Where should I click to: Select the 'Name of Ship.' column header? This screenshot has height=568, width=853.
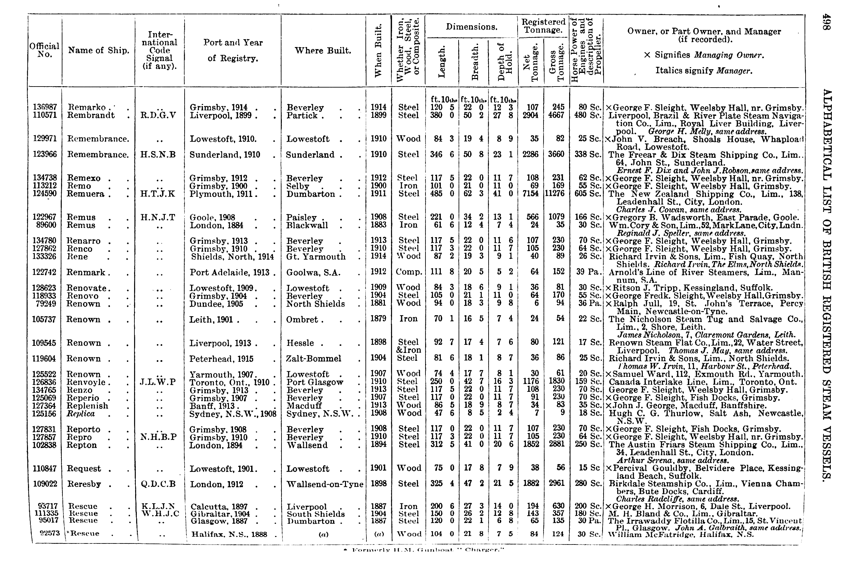[x=99, y=51]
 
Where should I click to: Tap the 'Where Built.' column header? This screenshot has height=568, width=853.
[x=323, y=51]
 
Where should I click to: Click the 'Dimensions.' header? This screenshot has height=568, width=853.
[x=472, y=27]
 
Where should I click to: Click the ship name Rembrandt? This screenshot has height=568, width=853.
[x=91, y=116]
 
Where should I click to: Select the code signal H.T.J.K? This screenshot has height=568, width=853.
[x=158, y=194]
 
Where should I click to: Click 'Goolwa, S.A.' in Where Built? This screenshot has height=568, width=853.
[x=313, y=272]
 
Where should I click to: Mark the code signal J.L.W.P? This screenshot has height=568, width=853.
[x=158, y=382]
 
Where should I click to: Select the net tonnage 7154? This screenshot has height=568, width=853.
[x=530, y=194]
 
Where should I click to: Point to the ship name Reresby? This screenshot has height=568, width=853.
[x=84, y=484]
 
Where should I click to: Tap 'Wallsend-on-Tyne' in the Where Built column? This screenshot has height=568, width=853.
[x=325, y=484]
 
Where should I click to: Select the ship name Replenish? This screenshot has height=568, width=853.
[x=87, y=406]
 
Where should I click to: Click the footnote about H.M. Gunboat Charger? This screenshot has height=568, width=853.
[x=423, y=550]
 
